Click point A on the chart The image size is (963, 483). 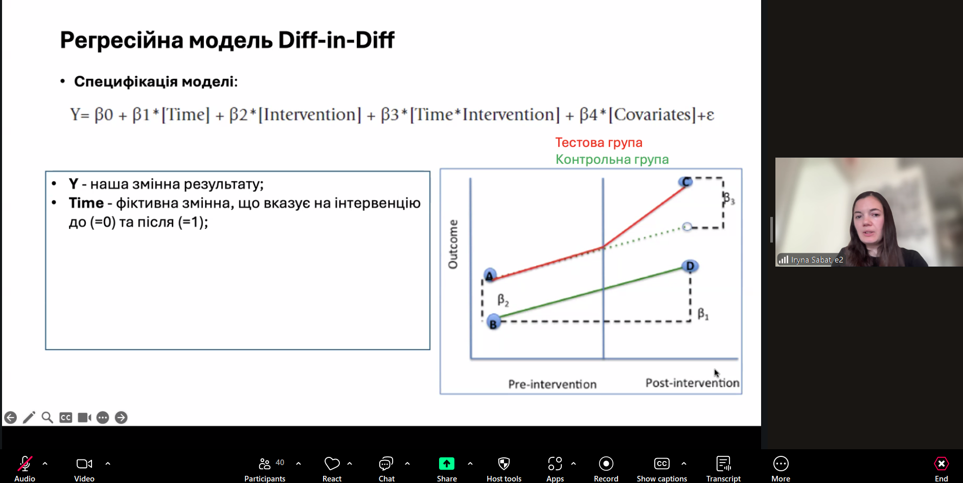[490, 275]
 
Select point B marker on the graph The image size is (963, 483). [493, 323]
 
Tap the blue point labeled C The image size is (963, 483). [685, 182]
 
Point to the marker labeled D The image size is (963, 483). [690, 266]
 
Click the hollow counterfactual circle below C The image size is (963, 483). [687, 227]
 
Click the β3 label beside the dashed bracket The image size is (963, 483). [729, 198]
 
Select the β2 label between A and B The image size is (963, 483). [503, 300]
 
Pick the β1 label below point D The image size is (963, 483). [703, 314]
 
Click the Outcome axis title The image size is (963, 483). [453, 244]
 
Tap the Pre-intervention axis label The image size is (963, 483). [552, 384]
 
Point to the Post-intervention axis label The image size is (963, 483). [692, 383]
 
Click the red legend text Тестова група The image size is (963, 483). [599, 143]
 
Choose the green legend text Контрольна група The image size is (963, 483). [612, 160]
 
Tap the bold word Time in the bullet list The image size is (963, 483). [86, 203]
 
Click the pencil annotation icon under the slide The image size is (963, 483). [29, 418]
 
